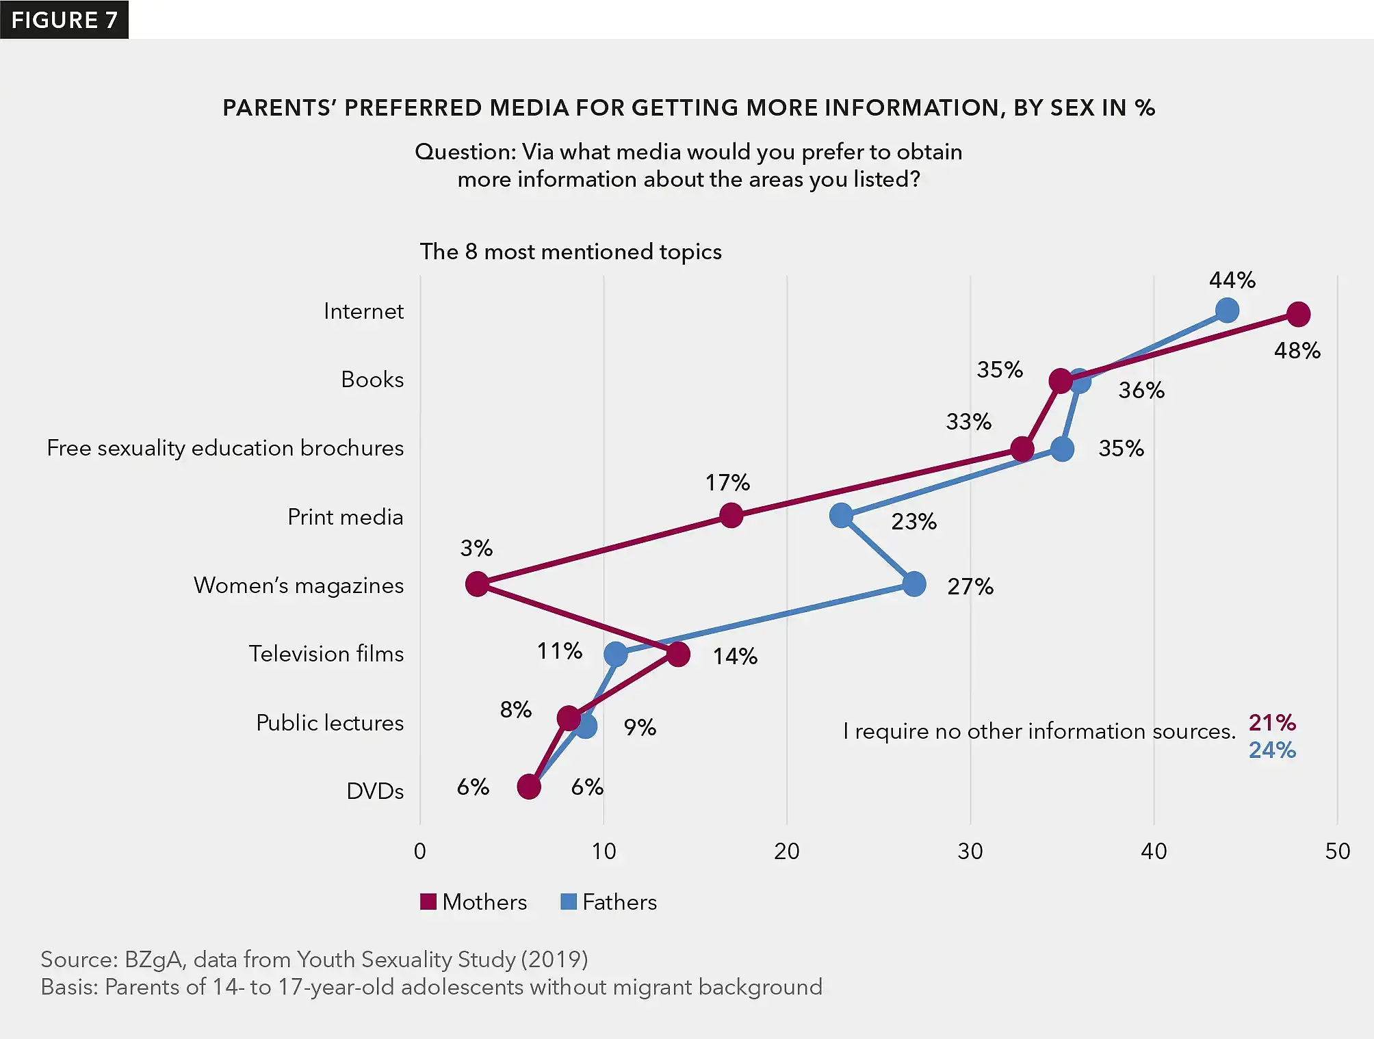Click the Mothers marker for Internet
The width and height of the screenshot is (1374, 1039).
pyautogui.click(x=1298, y=315)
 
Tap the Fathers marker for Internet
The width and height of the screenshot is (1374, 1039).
pyautogui.click(x=1227, y=311)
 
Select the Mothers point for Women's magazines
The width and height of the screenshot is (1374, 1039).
pyautogui.click(x=477, y=584)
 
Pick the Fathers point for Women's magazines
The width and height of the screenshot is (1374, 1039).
pyautogui.click(x=914, y=584)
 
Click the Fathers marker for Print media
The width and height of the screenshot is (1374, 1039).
pyautogui.click(x=841, y=515)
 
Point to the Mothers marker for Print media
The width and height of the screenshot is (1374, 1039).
pyautogui.click(x=731, y=515)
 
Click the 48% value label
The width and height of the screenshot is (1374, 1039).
pyautogui.click(x=1297, y=351)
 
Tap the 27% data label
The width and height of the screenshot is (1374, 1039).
pyautogui.click(x=970, y=587)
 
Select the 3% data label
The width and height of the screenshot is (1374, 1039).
pyautogui.click(x=476, y=549)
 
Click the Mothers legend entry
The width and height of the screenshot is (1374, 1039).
pyautogui.click(x=474, y=902)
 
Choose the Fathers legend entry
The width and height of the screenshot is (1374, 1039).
pyautogui.click(x=609, y=902)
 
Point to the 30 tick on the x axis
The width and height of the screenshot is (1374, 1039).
pyautogui.click(x=970, y=852)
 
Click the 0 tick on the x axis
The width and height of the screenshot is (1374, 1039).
pyautogui.click(x=420, y=852)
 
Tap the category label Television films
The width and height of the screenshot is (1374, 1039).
pyautogui.click(x=326, y=654)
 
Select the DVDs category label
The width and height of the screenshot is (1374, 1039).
pyautogui.click(x=375, y=791)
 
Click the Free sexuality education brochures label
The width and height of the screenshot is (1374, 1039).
pyautogui.click(x=225, y=448)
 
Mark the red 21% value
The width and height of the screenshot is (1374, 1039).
pyautogui.click(x=1272, y=722)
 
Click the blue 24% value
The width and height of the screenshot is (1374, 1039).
pyautogui.click(x=1272, y=750)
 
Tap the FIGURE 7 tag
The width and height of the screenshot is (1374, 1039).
pyautogui.click(x=64, y=20)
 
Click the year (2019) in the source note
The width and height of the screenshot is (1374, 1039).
pyautogui.click(x=554, y=960)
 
